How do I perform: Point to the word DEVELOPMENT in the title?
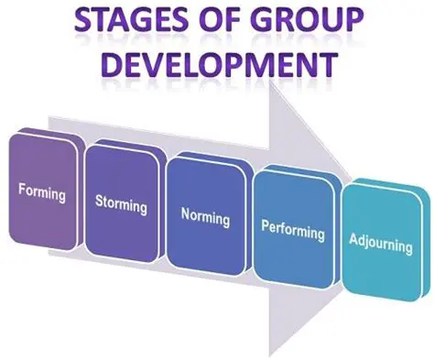[x=217, y=65]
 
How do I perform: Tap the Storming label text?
[x=121, y=202]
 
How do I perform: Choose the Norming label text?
[x=204, y=217]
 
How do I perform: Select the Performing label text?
[x=292, y=230]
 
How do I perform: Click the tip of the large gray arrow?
[x=366, y=196]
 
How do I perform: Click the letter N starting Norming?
[x=185, y=213]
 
